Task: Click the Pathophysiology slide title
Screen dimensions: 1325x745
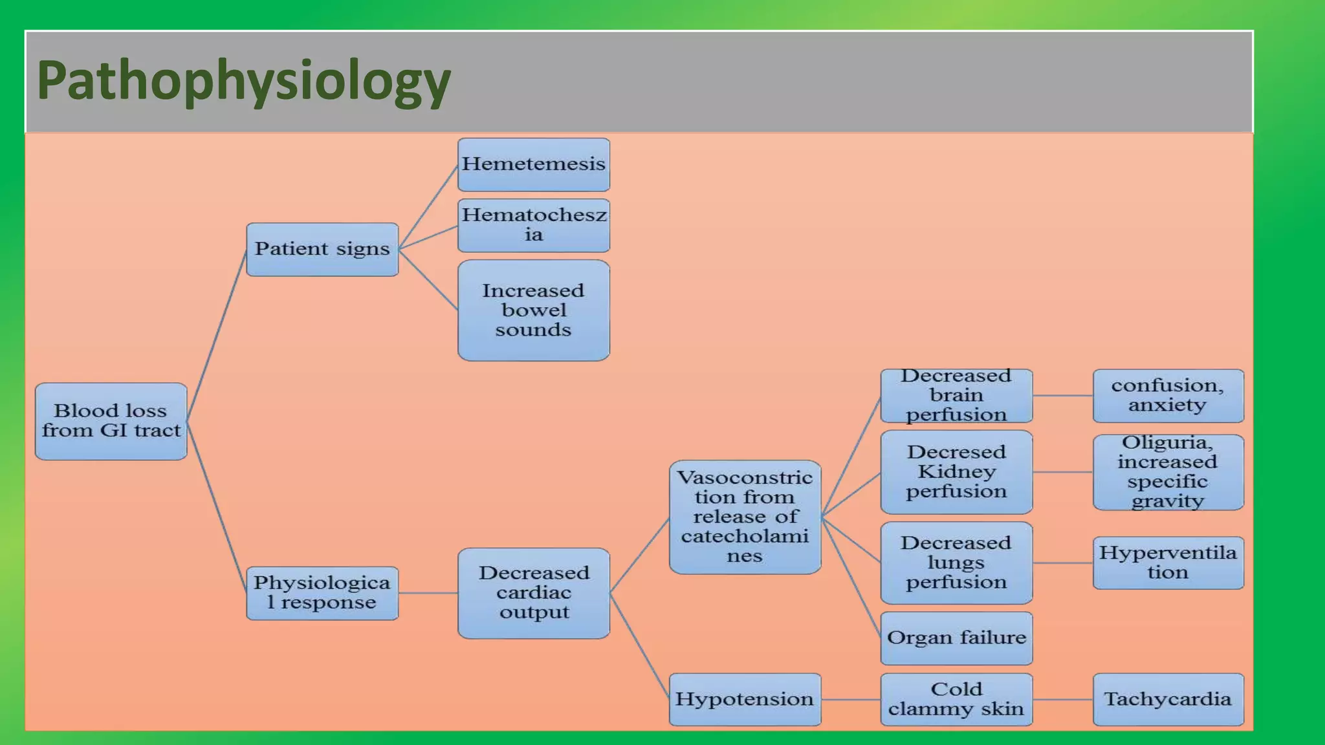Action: [x=243, y=80]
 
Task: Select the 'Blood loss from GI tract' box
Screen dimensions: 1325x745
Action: [x=111, y=421]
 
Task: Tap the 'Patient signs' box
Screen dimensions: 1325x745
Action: [x=322, y=249]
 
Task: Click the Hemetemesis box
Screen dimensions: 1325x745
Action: [x=534, y=164]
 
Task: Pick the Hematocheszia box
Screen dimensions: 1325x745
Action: [x=534, y=225]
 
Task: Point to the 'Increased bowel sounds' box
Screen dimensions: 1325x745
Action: [x=534, y=310]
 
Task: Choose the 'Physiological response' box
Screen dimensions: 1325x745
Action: [x=322, y=593]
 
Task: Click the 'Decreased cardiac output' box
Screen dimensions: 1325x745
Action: [x=534, y=593]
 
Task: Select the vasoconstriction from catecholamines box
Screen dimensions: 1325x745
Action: [x=745, y=517]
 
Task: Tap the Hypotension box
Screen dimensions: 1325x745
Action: [x=745, y=699]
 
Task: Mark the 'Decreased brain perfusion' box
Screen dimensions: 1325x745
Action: [x=956, y=396]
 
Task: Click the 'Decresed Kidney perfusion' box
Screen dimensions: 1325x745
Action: [x=956, y=472]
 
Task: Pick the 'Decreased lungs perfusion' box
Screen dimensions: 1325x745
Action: [x=956, y=563]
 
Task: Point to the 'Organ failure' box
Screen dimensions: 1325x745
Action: [x=956, y=638]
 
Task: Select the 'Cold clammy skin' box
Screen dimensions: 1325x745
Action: [x=956, y=699]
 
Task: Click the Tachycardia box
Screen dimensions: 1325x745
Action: [x=1168, y=699]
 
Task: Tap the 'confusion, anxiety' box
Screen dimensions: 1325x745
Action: [x=1168, y=396]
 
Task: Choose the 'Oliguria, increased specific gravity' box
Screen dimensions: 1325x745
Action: [x=1168, y=472]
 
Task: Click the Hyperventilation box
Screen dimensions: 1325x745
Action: [x=1168, y=563]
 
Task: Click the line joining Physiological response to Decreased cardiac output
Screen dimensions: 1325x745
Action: [x=428, y=593]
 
